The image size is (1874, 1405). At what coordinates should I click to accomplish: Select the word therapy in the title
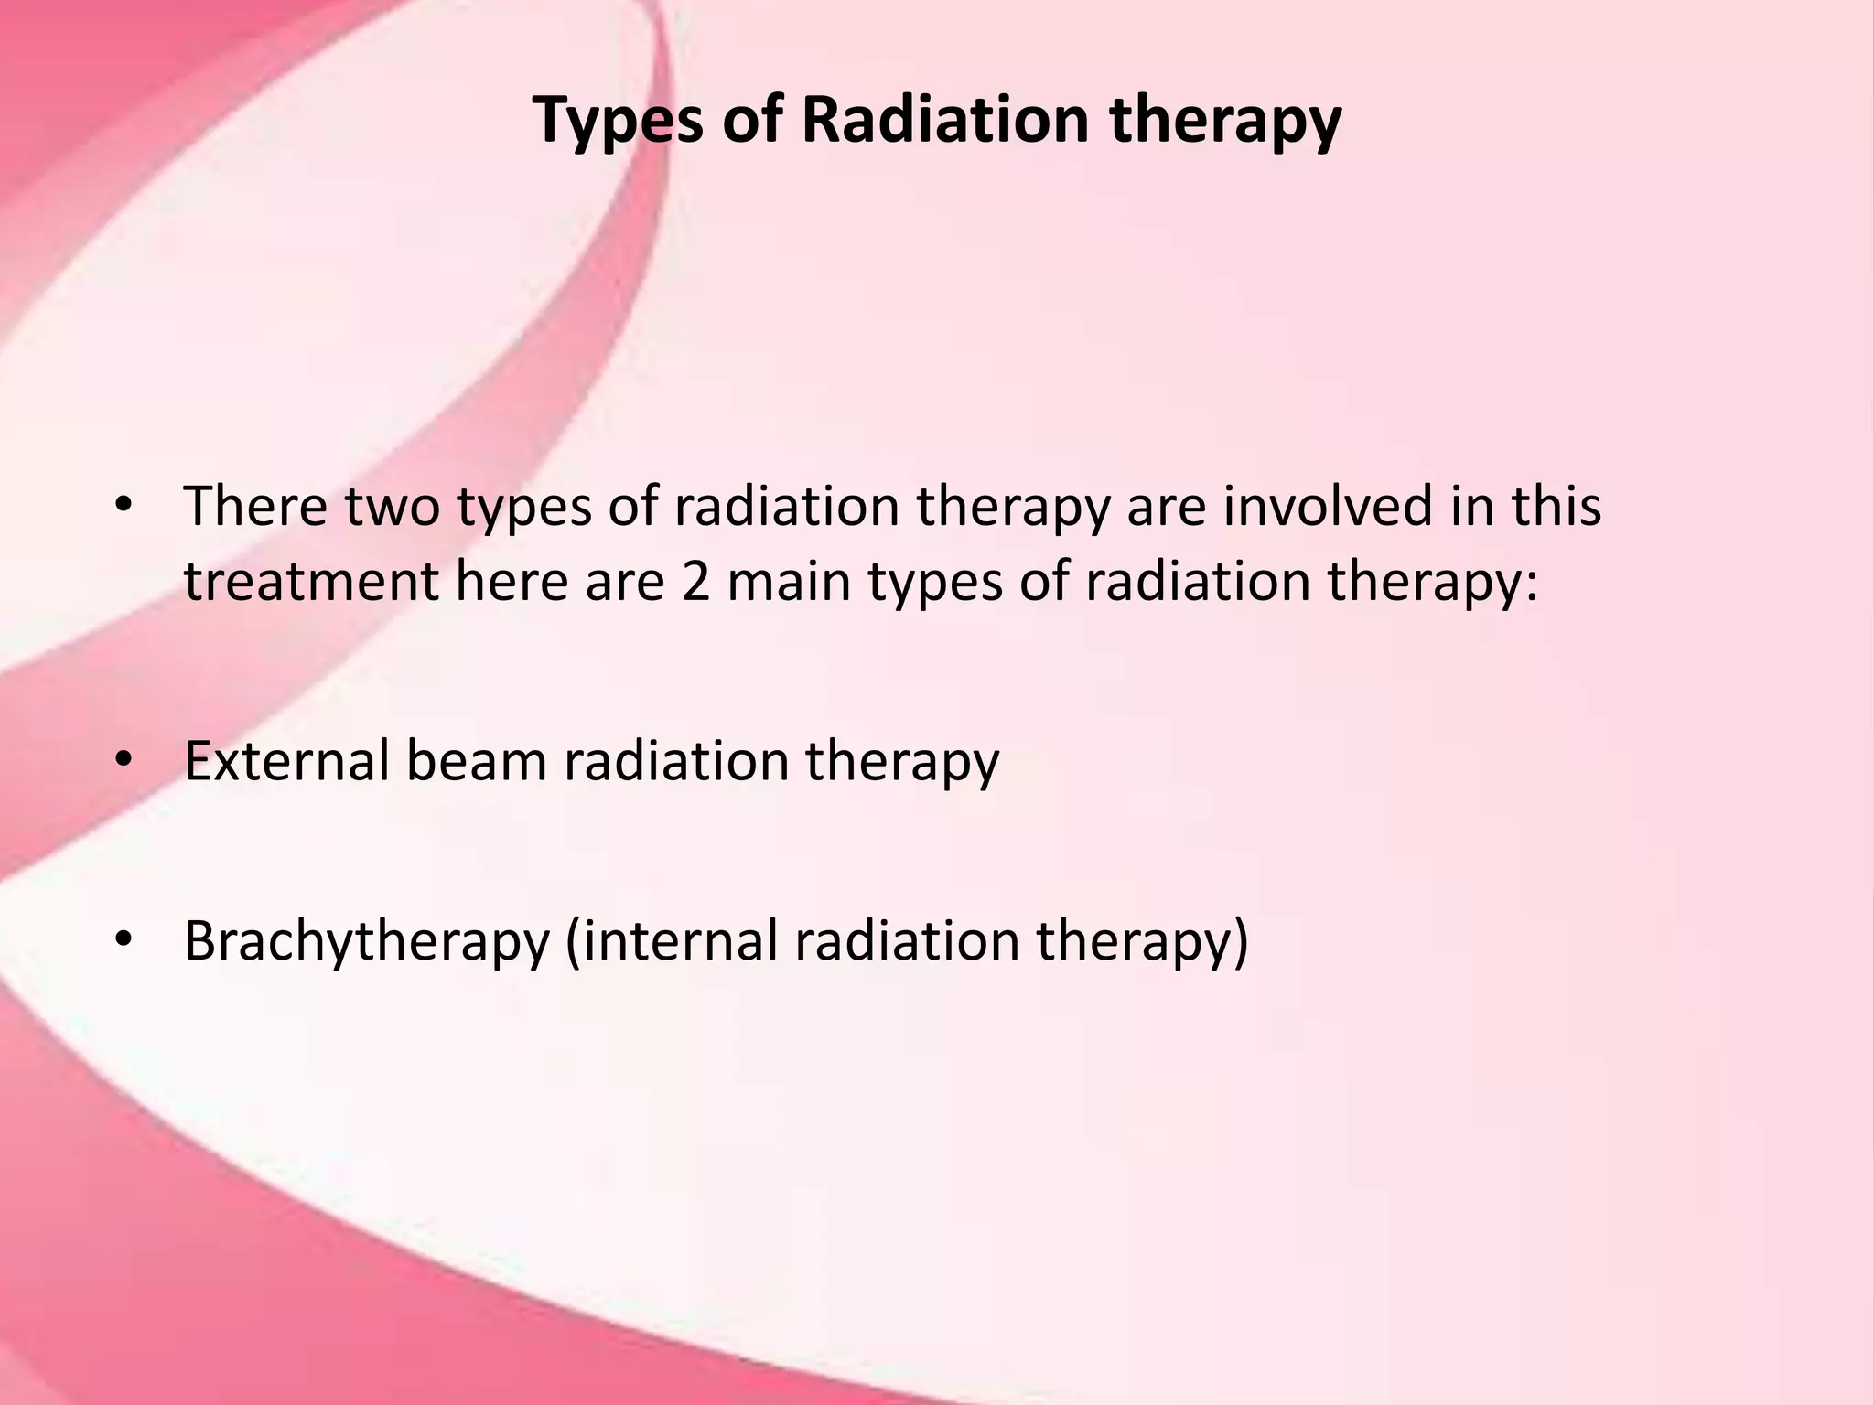pos(1225,122)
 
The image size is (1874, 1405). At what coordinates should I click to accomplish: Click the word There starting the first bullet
pos(255,506)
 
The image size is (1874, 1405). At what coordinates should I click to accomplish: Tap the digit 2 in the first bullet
pos(695,582)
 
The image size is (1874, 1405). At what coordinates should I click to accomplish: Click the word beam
pos(476,760)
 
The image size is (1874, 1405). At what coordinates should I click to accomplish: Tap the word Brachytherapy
pos(367,941)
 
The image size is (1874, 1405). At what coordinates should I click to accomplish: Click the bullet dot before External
pos(125,760)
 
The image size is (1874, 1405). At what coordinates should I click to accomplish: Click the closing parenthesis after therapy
pos(1240,941)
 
